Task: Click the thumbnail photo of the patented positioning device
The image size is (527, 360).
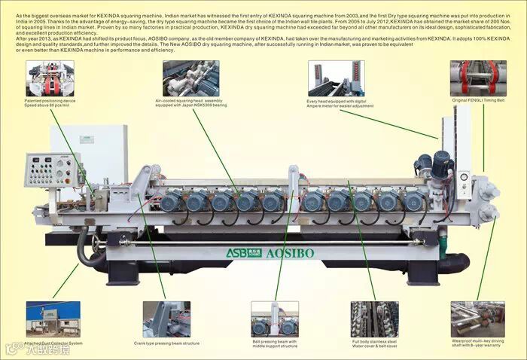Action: (x=50, y=78)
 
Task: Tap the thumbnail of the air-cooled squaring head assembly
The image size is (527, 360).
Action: (x=191, y=78)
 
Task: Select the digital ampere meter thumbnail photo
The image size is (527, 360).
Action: (x=336, y=78)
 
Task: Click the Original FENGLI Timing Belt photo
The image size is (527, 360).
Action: (x=478, y=78)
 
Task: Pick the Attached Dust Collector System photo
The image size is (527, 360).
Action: (x=53, y=319)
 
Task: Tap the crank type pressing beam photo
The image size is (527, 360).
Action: (x=166, y=319)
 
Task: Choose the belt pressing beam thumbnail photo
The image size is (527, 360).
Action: (x=275, y=319)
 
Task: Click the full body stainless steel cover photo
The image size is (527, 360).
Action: (x=373, y=319)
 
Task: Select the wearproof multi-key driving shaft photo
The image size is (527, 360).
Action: (x=477, y=319)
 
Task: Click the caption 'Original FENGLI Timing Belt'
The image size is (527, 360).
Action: (x=478, y=100)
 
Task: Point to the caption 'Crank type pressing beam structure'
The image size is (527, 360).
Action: (x=166, y=343)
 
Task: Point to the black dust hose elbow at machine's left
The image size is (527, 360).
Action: (x=89, y=251)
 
